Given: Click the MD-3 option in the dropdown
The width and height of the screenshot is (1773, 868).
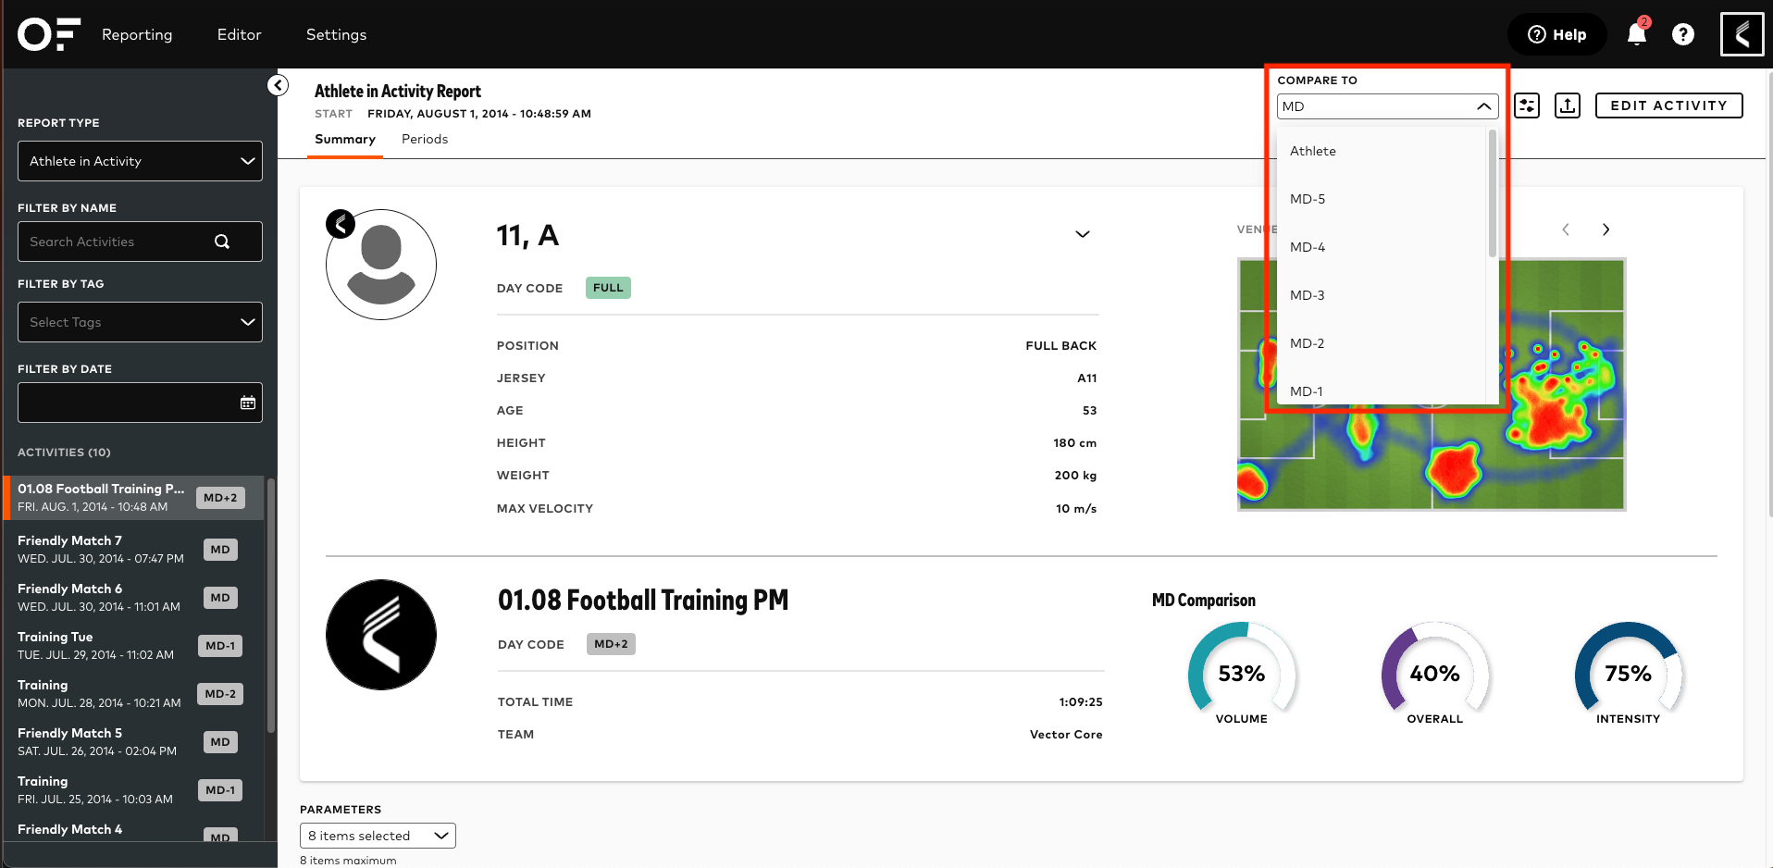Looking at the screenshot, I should point(1307,295).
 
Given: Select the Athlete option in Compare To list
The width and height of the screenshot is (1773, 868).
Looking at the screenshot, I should point(1312,151).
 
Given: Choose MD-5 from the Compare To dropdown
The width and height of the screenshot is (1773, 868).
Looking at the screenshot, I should point(1307,199).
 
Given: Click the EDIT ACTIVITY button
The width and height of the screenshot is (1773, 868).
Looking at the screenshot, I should point(1668,105).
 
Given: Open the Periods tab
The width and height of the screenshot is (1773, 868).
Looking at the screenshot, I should point(424,139).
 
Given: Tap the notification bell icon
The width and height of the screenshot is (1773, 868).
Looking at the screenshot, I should point(1636,35).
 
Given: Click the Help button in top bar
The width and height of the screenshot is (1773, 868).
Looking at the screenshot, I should point(1556,35).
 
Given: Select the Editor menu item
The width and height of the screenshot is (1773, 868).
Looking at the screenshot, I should point(239,35).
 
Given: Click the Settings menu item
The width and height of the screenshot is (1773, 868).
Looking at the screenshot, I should point(336,35).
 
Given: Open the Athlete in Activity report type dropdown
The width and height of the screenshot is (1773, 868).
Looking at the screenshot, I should point(140,161).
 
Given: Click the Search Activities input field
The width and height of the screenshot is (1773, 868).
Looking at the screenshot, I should point(120,242).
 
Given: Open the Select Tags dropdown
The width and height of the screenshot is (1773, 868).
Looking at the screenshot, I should point(140,322).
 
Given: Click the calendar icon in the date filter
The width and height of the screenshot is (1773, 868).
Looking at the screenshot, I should point(248,403).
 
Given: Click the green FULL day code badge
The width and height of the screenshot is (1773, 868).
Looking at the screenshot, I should point(608,288).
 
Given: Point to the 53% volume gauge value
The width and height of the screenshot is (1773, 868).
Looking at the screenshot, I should point(1241,674).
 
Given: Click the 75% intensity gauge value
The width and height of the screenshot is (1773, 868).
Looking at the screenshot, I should point(1628,674).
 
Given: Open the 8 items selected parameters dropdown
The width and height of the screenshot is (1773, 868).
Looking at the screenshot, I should point(378,836).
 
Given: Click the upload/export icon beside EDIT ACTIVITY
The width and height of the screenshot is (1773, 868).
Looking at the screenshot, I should point(1567,105).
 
